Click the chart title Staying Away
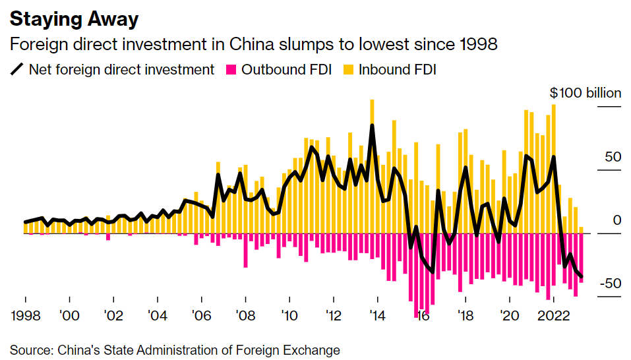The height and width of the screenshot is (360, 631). click(74, 18)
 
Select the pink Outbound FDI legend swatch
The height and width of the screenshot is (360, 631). click(231, 69)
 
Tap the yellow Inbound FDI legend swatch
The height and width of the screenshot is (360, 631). click(348, 69)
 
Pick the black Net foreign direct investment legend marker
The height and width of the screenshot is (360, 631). click(17, 69)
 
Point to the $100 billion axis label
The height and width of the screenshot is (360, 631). click(586, 93)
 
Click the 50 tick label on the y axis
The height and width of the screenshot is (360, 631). click(613, 157)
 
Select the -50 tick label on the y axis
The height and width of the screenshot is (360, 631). click(611, 284)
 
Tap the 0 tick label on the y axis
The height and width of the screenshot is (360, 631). click(617, 220)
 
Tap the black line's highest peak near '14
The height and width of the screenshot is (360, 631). click(373, 125)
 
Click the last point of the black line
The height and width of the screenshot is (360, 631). click(581, 277)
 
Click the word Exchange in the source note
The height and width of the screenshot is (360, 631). click(313, 349)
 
